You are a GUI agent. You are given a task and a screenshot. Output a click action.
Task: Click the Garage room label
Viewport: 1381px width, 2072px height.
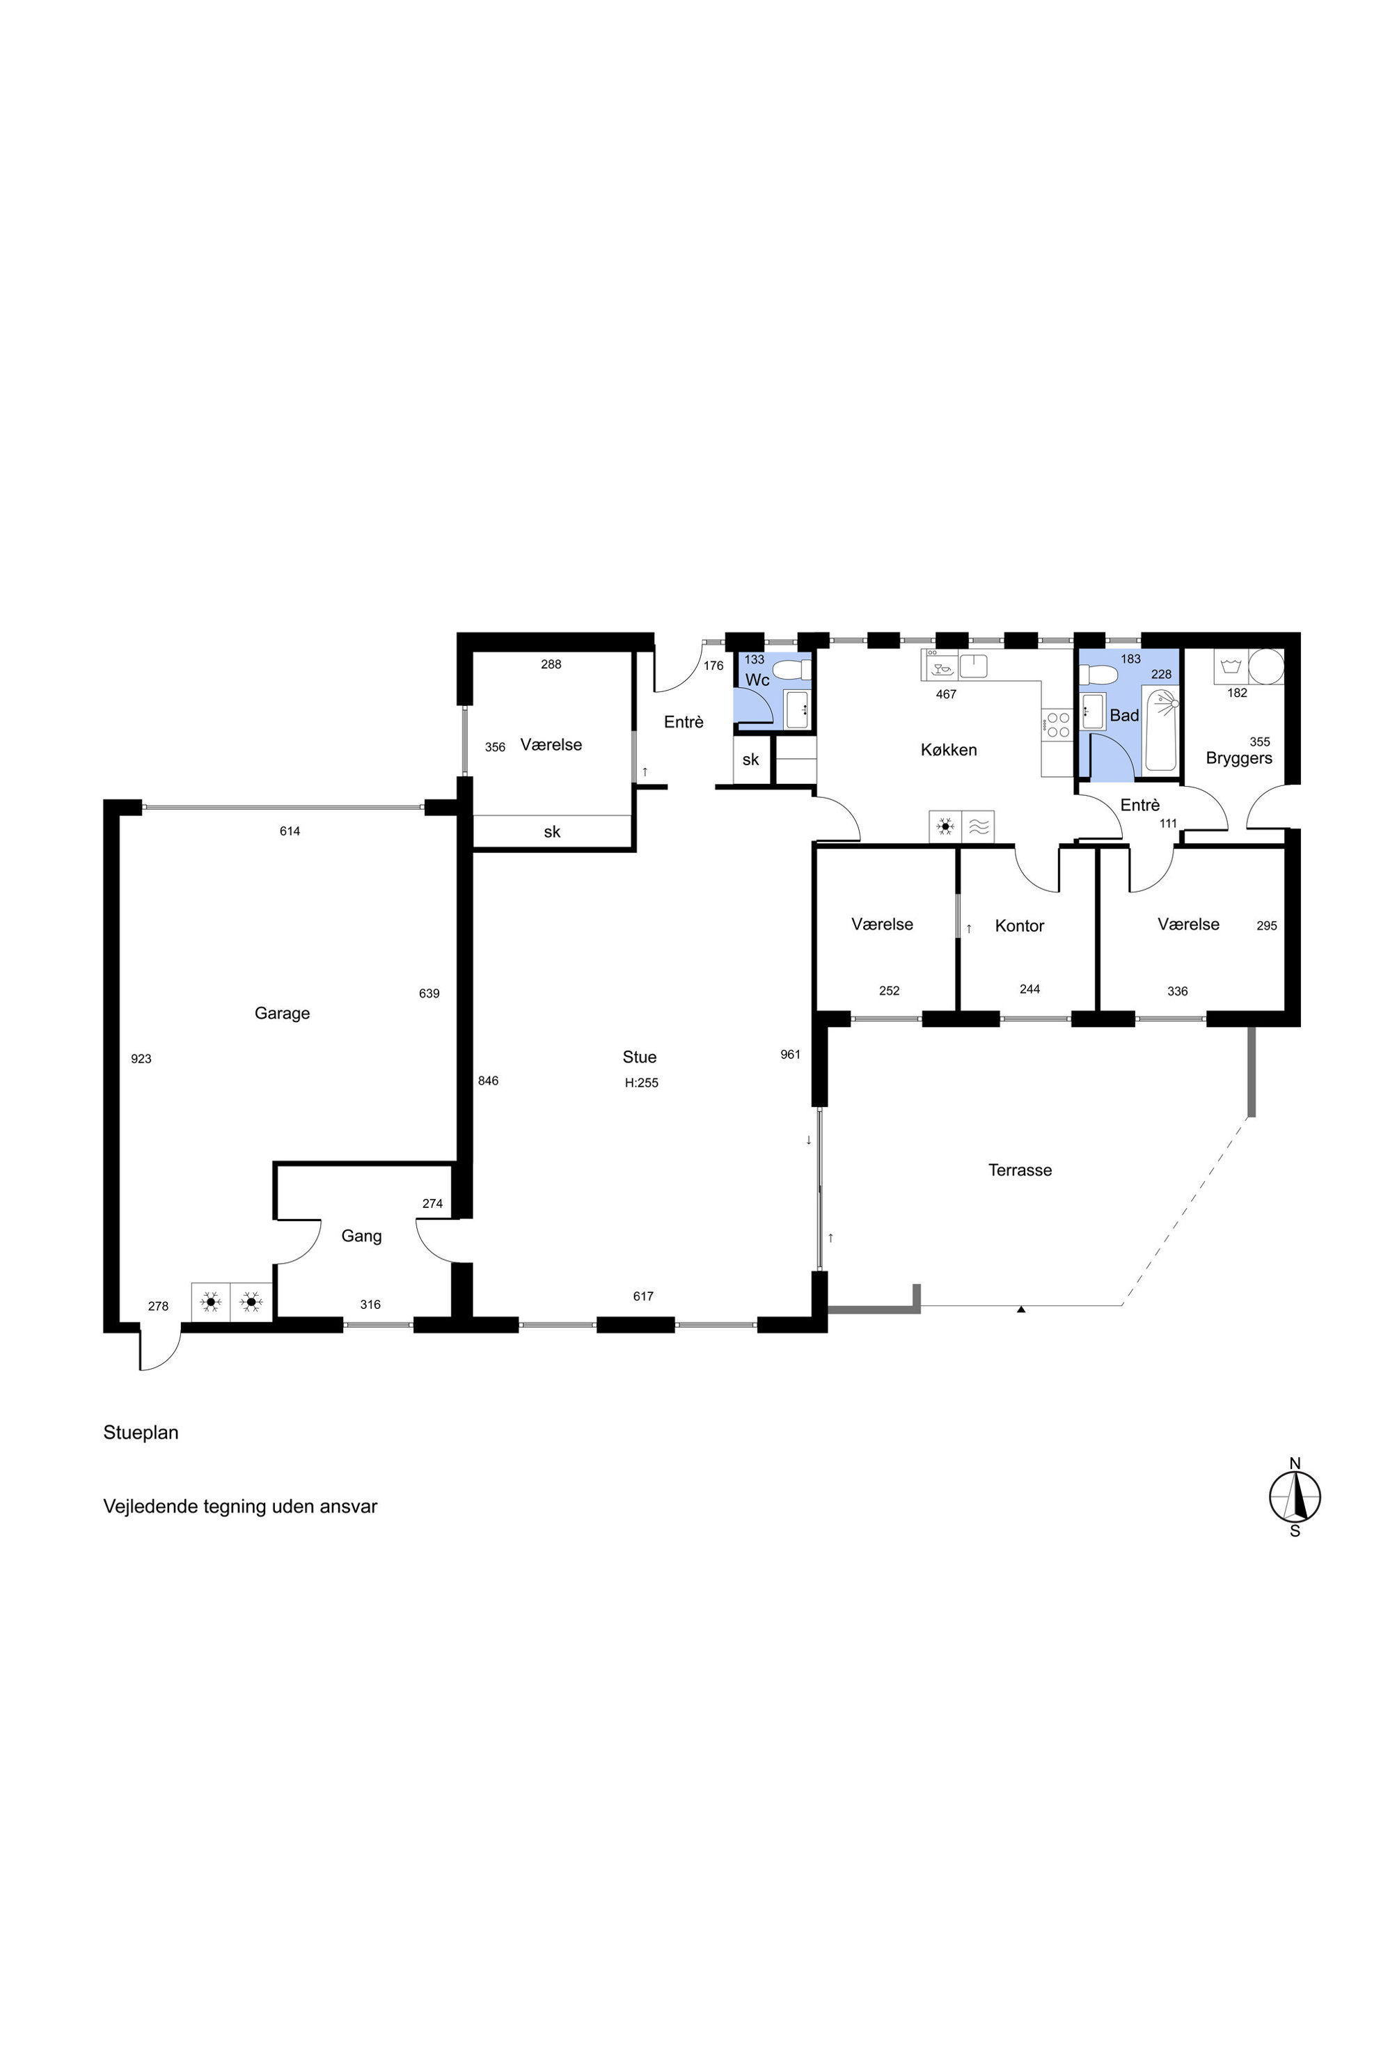click(x=282, y=1013)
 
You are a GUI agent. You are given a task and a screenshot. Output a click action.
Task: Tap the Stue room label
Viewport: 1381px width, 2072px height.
click(x=640, y=1057)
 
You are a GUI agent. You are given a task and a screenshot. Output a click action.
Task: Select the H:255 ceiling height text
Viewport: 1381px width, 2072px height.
click(x=641, y=1083)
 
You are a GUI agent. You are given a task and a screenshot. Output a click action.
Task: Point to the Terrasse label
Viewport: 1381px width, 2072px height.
click(x=1020, y=1170)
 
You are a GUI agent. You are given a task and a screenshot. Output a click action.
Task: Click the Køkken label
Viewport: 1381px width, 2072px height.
click(x=949, y=750)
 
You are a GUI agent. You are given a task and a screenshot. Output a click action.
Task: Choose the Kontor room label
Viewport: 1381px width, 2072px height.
click(x=1019, y=926)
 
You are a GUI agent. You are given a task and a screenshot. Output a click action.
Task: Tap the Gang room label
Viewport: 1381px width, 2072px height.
click(x=361, y=1236)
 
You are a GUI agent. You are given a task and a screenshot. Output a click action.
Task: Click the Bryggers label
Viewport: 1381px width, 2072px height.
click(x=1238, y=758)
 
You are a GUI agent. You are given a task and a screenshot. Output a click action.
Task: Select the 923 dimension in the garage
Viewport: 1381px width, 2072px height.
click(x=141, y=1059)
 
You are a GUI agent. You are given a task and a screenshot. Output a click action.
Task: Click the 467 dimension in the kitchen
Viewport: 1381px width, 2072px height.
click(x=946, y=694)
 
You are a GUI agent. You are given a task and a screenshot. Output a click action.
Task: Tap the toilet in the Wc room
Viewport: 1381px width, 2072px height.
click(x=792, y=670)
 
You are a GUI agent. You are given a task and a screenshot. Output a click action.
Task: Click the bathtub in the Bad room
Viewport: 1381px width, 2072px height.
click(x=1162, y=731)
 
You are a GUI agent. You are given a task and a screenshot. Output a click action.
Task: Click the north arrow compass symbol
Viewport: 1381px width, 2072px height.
click(x=1295, y=1497)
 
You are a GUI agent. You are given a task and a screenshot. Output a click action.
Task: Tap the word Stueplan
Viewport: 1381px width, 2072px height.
click(x=141, y=1432)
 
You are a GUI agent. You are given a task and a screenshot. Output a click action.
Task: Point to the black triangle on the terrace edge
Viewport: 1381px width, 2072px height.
click(x=1020, y=1310)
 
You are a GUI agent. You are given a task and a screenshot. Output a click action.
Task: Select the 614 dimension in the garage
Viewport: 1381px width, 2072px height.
click(x=290, y=831)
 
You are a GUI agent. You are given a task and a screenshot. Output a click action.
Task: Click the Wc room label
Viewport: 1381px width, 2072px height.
click(x=757, y=680)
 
